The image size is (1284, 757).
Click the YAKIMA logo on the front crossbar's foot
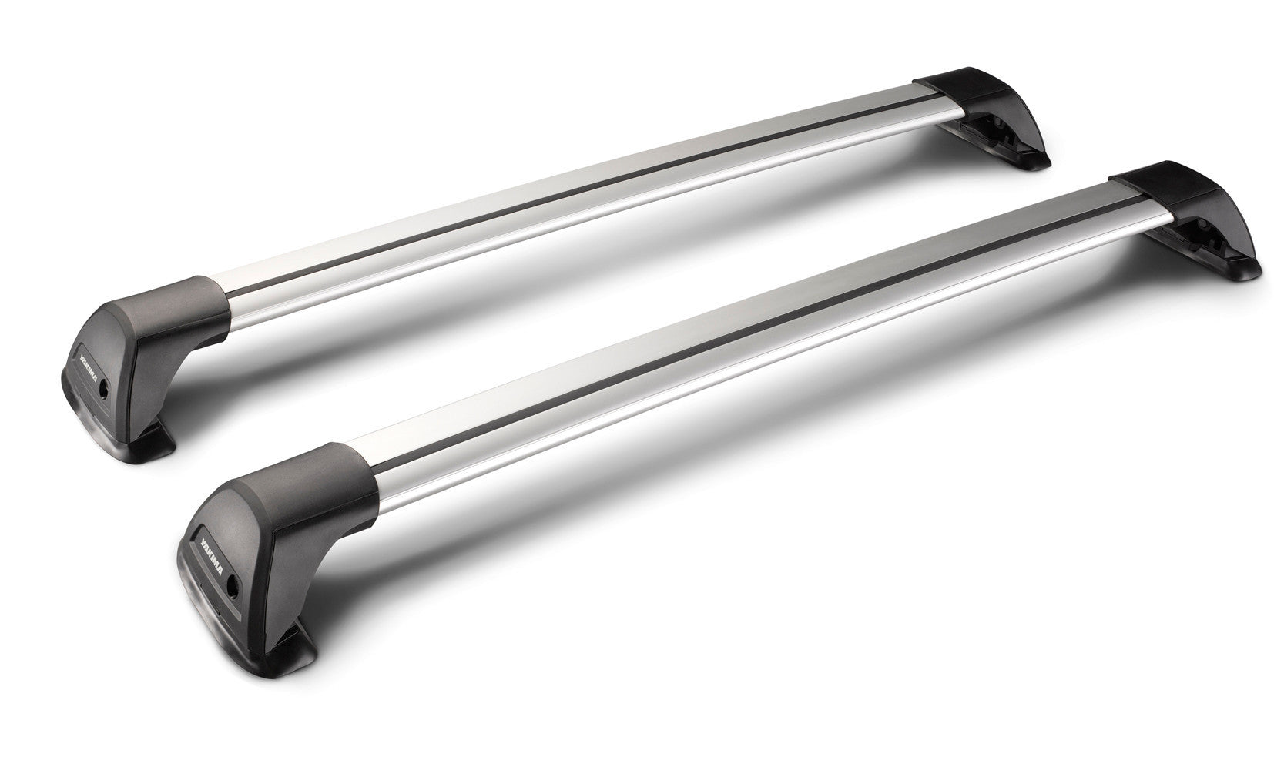click(209, 544)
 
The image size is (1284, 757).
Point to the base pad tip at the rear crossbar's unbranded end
click(1037, 162)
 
